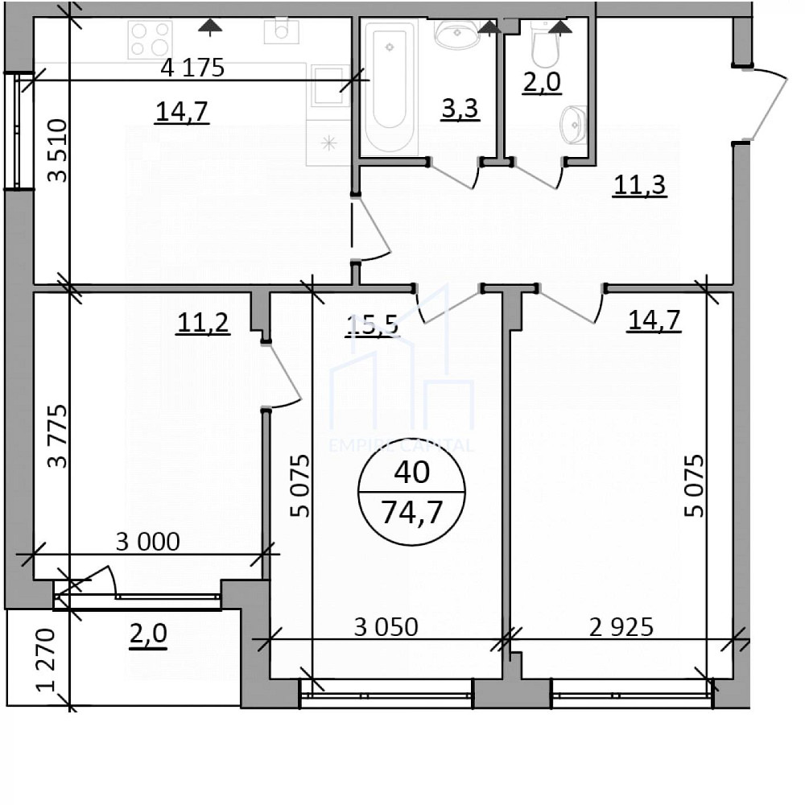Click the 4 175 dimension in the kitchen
click(x=192, y=68)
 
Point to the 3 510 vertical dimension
click(x=57, y=151)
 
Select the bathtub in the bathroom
click(x=390, y=86)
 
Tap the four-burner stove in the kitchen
click(x=151, y=39)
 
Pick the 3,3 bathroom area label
click(x=460, y=109)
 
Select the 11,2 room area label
click(x=203, y=323)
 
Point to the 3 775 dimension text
click(x=57, y=436)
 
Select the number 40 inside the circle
click(x=411, y=473)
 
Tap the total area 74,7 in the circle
click(x=411, y=512)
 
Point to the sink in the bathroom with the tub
click(x=456, y=34)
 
